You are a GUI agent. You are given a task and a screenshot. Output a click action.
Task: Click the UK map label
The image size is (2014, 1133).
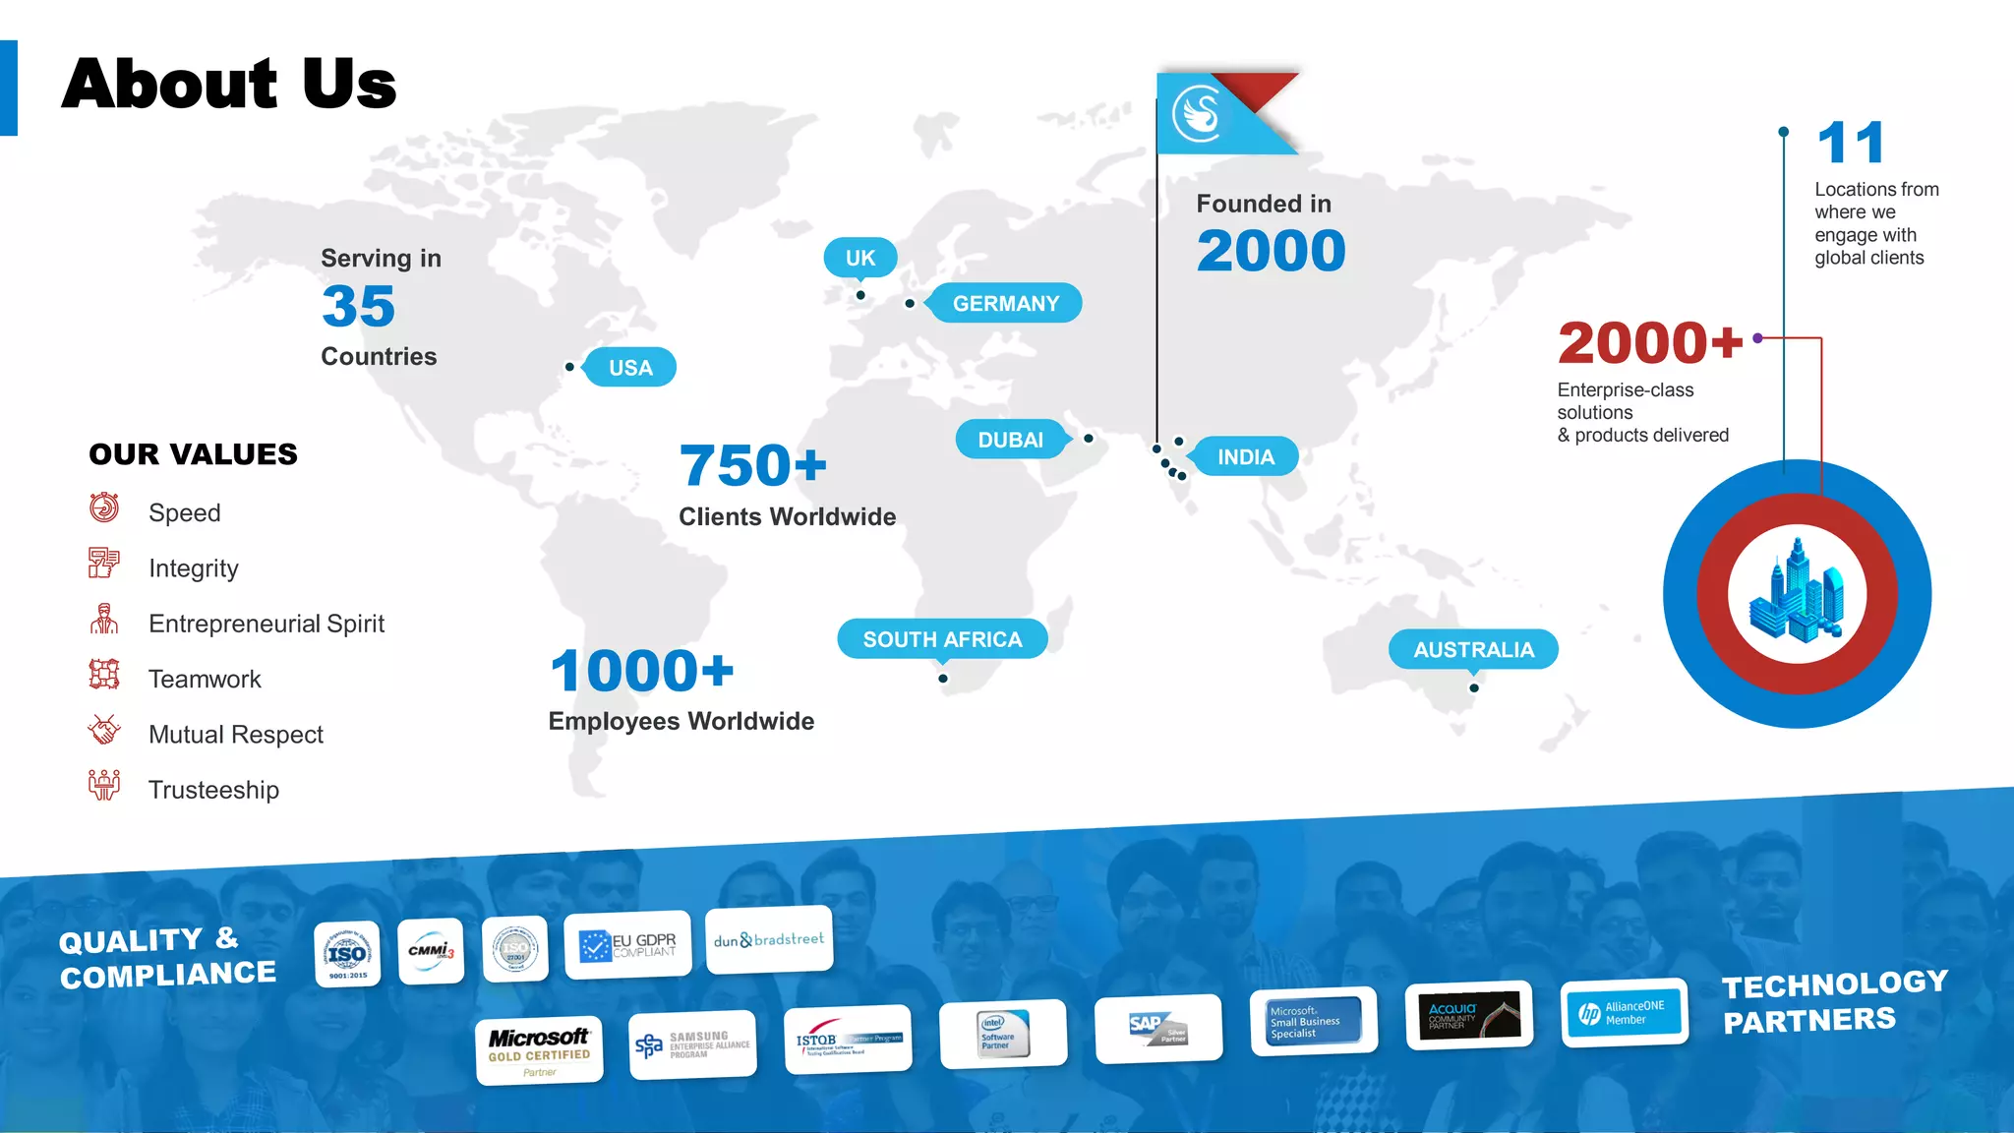coord(860,258)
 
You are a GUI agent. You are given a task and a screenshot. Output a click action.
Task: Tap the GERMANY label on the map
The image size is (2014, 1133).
coord(1005,303)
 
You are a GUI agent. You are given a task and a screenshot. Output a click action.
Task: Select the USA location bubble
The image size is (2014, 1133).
coord(630,368)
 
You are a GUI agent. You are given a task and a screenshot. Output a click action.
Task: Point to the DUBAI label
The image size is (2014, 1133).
coord(1010,440)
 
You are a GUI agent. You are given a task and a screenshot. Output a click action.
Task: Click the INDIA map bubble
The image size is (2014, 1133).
coord(1245,457)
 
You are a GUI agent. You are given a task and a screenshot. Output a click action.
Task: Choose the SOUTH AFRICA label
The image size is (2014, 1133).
coord(942,639)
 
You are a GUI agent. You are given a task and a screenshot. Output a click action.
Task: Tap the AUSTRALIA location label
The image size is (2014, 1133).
coord(1473,650)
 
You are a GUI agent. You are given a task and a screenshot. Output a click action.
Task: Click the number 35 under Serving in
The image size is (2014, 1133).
coord(358,307)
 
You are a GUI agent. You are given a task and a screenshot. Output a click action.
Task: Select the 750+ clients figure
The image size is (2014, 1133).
coord(753,465)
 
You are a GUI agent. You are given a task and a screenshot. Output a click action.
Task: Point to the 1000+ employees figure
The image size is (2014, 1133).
coord(641,671)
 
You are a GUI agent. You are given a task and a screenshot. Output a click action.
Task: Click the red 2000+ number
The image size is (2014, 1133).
coord(1649,343)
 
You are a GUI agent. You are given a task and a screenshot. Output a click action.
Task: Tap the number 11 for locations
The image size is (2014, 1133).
coord(1850,144)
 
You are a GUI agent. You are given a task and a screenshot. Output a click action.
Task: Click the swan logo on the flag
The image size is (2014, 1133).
coord(1197,113)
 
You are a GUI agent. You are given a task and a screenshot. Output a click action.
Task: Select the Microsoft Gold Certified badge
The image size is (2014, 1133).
coord(539,1050)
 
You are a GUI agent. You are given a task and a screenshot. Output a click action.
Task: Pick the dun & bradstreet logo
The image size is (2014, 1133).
coord(769,940)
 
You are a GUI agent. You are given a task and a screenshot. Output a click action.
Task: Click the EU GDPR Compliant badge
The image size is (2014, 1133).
coord(627,945)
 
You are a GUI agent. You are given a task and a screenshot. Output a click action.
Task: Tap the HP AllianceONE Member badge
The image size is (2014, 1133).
coord(1624,1013)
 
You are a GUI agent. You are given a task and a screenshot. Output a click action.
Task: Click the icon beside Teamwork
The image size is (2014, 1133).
coord(104,675)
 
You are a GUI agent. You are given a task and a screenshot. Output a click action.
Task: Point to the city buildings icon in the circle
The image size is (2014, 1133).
coord(1797,591)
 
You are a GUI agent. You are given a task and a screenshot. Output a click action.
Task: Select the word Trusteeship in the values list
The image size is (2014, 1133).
coord(213,790)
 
